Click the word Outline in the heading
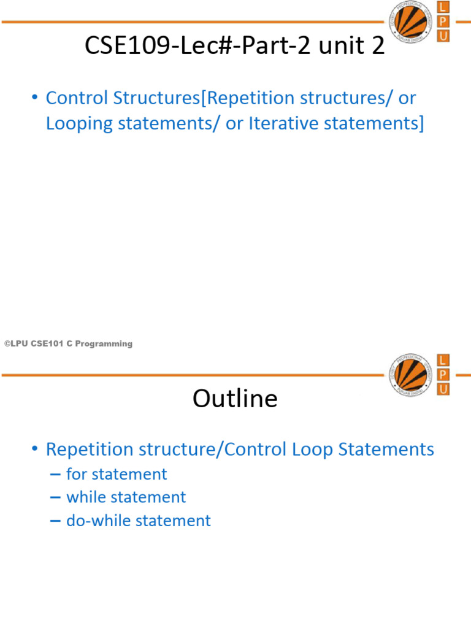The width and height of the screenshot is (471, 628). click(x=235, y=399)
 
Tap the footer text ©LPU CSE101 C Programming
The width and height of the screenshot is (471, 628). click(x=68, y=344)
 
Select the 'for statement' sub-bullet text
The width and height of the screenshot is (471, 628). click(x=116, y=474)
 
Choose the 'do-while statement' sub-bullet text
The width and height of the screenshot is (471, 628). click(x=138, y=521)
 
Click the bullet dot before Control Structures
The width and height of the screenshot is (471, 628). click(x=34, y=98)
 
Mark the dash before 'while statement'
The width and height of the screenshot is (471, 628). click(x=55, y=497)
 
